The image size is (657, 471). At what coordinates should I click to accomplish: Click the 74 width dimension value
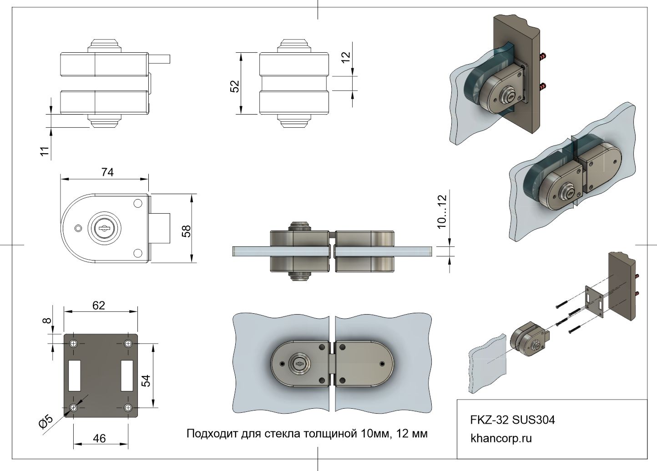coord(107,172)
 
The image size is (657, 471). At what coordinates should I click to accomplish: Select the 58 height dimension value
coord(186,231)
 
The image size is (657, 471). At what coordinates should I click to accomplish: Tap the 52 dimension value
coord(235,86)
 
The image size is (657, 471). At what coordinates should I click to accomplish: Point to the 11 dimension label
coord(44,151)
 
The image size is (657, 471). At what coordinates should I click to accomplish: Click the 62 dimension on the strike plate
coord(98,306)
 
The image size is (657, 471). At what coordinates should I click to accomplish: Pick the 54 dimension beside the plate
coord(146,380)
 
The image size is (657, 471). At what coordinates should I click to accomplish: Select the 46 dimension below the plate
coord(99,438)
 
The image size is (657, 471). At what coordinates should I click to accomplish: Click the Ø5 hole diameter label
coord(46,422)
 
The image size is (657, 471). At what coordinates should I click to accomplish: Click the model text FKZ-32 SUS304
coord(512,420)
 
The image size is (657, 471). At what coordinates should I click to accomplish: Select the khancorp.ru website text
coord(501,439)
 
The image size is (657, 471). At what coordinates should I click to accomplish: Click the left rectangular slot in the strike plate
coord(75,375)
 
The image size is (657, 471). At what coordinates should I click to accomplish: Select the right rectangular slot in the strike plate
coord(127,375)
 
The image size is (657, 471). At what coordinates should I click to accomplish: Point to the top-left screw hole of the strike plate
coord(74,343)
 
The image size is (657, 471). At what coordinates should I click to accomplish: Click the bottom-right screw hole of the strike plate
coord(129,407)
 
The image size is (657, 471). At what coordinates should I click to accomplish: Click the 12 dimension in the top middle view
coord(346,57)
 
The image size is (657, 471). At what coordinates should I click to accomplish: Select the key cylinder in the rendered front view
coord(299,363)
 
